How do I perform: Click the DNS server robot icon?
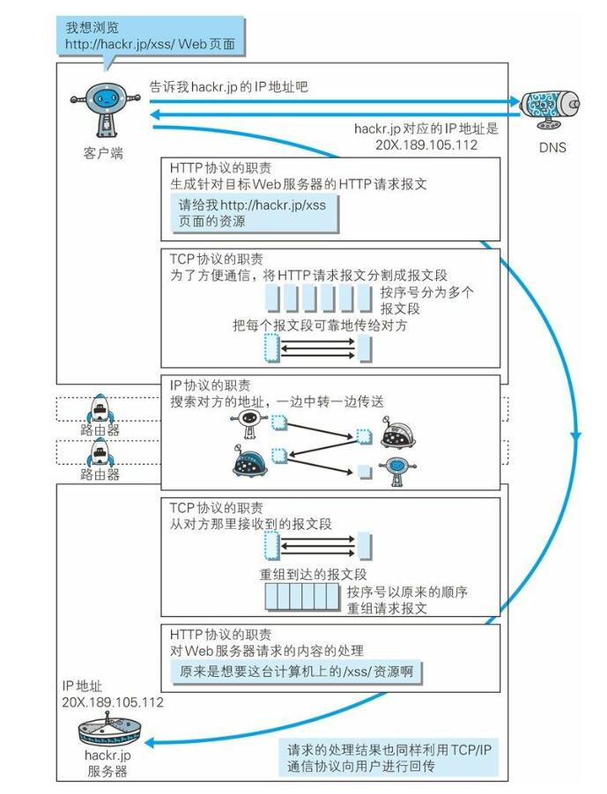[x=551, y=108]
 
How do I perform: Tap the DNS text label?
[x=552, y=147]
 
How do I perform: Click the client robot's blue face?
[x=106, y=98]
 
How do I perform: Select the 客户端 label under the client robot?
[x=103, y=153]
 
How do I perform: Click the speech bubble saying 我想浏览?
[x=151, y=35]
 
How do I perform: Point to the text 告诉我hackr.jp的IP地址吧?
[x=228, y=86]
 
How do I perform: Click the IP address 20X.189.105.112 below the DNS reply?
[x=426, y=145]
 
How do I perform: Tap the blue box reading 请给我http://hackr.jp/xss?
[x=254, y=213]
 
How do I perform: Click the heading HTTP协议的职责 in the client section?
[x=220, y=167]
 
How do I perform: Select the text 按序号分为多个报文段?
[x=426, y=300]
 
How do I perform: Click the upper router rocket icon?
[x=100, y=408]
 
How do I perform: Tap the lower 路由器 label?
[x=100, y=474]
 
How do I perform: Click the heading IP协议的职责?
[x=211, y=386]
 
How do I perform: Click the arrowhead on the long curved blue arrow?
[x=575, y=436]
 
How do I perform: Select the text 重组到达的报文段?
[x=313, y=574]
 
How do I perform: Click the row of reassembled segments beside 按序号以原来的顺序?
[x=302, y=597]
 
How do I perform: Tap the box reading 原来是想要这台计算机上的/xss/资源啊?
[x=296, y=672]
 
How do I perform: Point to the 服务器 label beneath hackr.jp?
[x=107, y=772]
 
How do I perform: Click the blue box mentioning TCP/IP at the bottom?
[x=389, y=758]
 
